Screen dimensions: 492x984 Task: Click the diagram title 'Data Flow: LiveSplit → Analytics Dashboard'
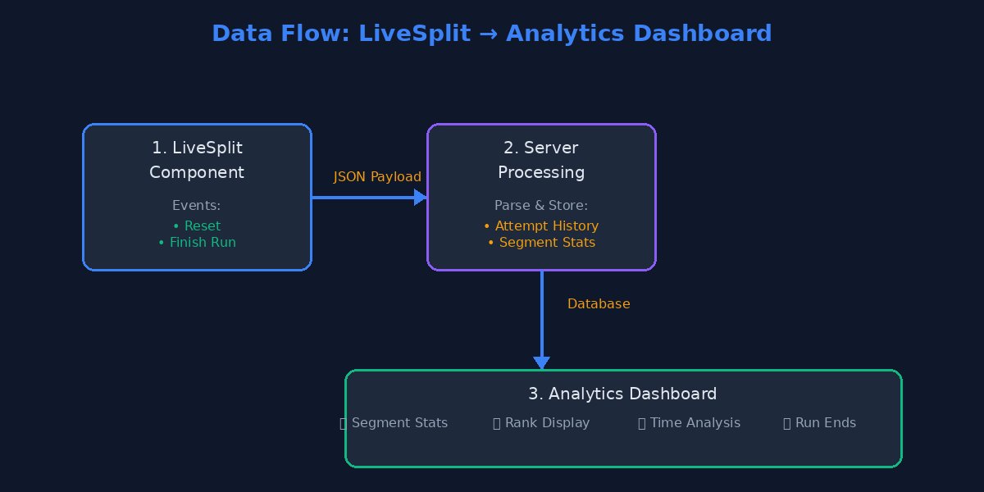tap(491, 34)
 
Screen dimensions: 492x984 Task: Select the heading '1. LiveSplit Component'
tap(197, 160)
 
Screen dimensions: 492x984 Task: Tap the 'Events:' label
tap(197, 206)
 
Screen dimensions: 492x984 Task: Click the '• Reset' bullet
tap(197, 225)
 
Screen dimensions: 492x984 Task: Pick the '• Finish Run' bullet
tap(197, 243)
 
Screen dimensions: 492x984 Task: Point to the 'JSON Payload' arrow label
tap(377, 177)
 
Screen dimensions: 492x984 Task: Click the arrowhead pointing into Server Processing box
tap(421, 197)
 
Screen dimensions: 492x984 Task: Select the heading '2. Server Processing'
tap(541, 160)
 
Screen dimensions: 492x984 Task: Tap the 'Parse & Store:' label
tap(541, 206)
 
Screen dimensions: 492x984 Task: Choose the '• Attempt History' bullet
tap(541, 225)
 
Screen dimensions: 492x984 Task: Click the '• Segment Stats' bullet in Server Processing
tap(541, 243)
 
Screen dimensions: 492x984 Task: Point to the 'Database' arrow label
tap(599, 304)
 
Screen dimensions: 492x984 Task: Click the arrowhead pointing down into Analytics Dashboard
tap(541, 362)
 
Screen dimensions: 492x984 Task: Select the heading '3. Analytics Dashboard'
tap(622, 394)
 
